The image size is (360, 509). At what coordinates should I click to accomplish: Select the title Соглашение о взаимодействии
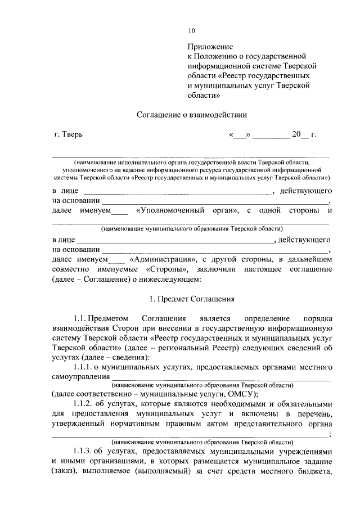coord(192,115)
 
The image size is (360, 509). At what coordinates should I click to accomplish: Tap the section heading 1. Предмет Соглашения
coord(192,299)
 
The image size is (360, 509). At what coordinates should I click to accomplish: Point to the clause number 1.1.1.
coord(83,367)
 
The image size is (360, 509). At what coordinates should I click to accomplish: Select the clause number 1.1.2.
coord(83,404)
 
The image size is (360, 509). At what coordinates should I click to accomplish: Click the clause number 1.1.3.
coord(83,452)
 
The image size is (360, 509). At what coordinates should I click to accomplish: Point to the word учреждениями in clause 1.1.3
coord(304,452)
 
